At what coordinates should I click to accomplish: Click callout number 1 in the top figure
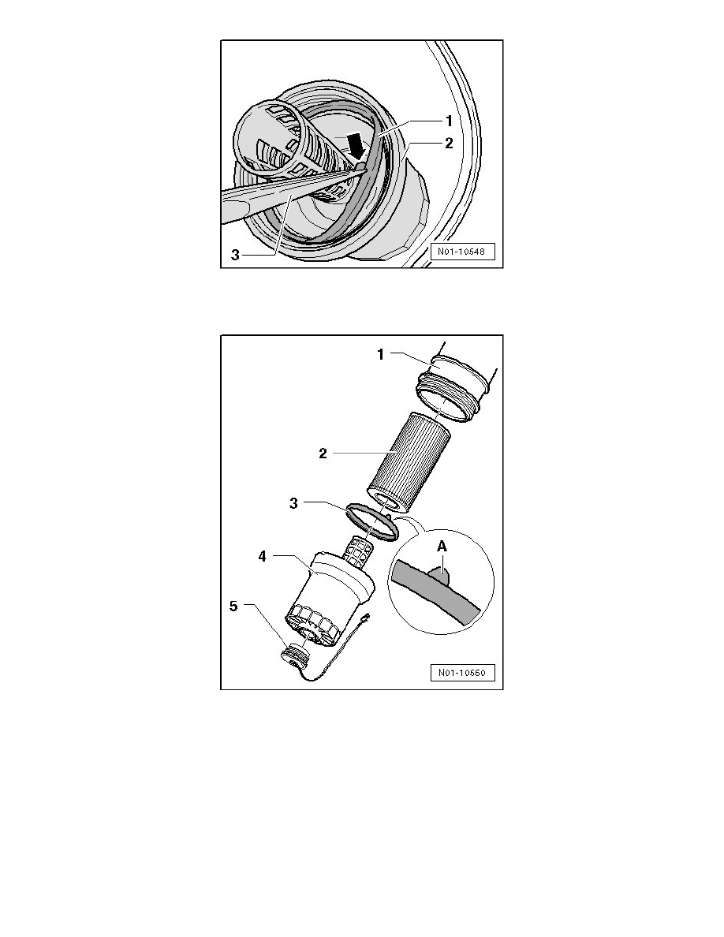tap(449, 121)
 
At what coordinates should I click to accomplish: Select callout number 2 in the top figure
tap(450, 144)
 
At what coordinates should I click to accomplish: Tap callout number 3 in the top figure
tap(235, 256)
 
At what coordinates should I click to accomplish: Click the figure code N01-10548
tap(462, 252)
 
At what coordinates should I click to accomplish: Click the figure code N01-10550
tap(462, 672)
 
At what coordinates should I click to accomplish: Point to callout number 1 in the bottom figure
tap(380, 354)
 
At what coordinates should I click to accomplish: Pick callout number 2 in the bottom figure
tap(323, 454)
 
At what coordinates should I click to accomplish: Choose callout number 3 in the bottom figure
tap(293, 504)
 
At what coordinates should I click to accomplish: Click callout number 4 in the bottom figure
tap(263, 556)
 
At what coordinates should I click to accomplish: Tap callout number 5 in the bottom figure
tap(233, 606)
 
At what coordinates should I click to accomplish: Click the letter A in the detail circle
tap(442, 546)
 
